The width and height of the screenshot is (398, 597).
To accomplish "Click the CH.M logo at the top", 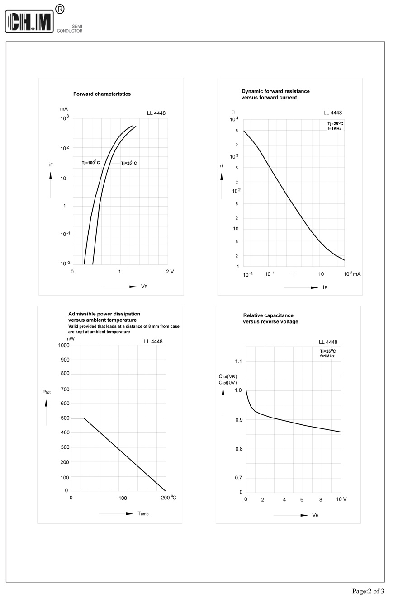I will [30, 22].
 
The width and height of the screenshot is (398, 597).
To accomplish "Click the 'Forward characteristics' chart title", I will [102, 94].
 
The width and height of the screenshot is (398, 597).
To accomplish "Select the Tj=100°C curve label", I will [90, 163].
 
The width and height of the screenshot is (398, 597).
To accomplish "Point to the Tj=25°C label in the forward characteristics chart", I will [128, 163].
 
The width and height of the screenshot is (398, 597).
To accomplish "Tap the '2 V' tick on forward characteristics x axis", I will [170, 272].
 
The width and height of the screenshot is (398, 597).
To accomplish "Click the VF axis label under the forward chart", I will [144, 287].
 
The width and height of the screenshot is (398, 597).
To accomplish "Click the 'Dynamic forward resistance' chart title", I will [275, 91].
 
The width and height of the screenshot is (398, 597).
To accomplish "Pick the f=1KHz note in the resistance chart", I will [334, 129].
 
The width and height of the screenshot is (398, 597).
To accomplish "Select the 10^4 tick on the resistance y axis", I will [234, 119].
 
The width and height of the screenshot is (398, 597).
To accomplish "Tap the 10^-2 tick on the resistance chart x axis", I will [247, 274].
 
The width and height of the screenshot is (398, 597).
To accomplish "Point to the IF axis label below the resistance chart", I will [325, 287].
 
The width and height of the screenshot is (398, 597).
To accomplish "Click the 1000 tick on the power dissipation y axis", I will [64, 345].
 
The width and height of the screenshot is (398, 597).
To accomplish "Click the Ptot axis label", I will [46, 392].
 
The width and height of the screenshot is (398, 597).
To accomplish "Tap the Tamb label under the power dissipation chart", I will [143, 514].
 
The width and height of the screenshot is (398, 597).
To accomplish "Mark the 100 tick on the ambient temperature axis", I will [123, 498].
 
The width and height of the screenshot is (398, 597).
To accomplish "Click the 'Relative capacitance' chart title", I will [268, 315].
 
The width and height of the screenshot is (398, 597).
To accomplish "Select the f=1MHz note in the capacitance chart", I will [327, 357].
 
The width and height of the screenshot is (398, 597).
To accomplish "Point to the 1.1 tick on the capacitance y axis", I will [237, 362].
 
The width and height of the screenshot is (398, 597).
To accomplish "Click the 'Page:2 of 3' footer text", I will [368, 591].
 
